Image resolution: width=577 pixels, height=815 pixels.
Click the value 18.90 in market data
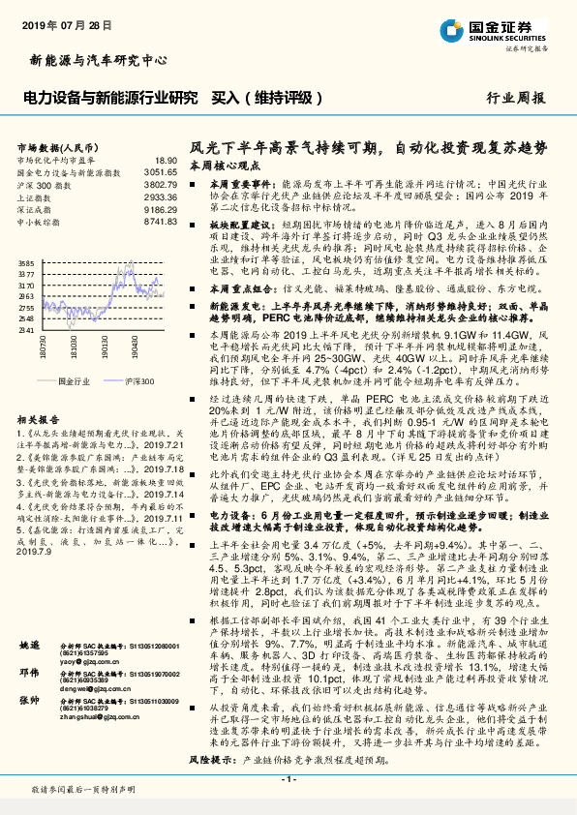click(x=167, y=160)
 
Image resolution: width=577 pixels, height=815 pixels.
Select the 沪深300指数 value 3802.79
click(x=162, y=183)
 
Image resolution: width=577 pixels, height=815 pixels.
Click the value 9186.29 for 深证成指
click(x=162, y=207)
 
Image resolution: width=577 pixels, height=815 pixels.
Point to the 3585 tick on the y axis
click(x=26, y=263)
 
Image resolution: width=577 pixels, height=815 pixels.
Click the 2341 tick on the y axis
click(x=26, y=331)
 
